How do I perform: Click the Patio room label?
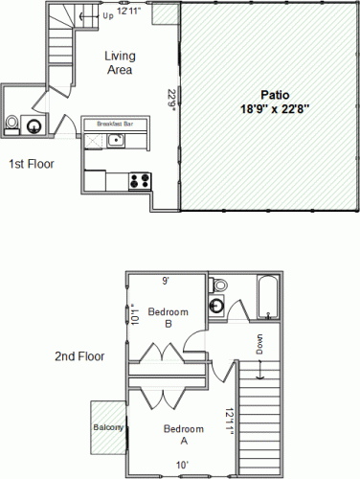pos(275,95)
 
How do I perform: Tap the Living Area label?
pos(120,62)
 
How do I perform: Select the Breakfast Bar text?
pos(115,124)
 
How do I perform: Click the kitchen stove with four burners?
pos(140,181)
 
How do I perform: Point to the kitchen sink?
pos(116,141)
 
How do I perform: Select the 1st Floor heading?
pos(32,164)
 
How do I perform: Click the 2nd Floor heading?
pos(79,356)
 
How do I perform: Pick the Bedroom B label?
pos(169,317)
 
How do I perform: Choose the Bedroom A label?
pos(184,434)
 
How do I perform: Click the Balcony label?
pos(108,427)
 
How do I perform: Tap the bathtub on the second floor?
pos(268,298)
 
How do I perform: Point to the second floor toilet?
pos(218,285)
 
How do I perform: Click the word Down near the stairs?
pos(260,344)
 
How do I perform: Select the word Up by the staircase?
pos(108,16)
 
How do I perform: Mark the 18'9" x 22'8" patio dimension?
pos(275,109)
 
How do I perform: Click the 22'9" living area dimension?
pos(172,100)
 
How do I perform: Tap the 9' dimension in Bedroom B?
pos(166,281)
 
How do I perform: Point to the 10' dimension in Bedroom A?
pos(182,465)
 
